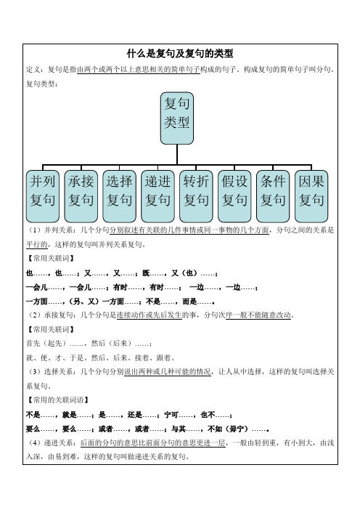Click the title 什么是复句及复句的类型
180,53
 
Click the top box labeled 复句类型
177,118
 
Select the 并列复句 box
43,196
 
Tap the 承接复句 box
81,196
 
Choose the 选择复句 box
119,196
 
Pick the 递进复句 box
157,196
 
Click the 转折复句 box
196,196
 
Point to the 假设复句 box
234,196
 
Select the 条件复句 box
273,196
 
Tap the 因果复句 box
311,196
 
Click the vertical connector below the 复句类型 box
177,155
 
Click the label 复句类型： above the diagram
42,84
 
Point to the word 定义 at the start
33,69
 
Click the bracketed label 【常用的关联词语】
57,400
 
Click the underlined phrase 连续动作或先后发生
149,315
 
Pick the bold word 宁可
171,415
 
